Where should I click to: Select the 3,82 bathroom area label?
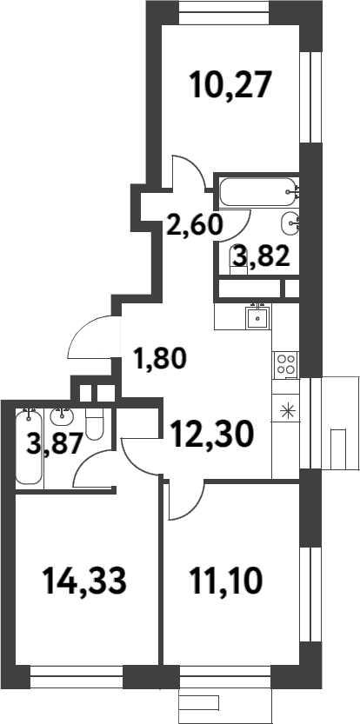[x=258, y=257]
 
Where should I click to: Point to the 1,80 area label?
[x=159, y=358]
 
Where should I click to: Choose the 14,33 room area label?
[x=84, y=580]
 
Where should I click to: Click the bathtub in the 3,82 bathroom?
[x=257, y=189]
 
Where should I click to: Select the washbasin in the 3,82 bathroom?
[x=290, y=225]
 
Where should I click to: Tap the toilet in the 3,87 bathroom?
[x=98, y=426]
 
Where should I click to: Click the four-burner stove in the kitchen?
[x=285, y=366]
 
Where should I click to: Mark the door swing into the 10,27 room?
[x=186, y=172]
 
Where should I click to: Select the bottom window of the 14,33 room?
[x=70, y=673]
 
